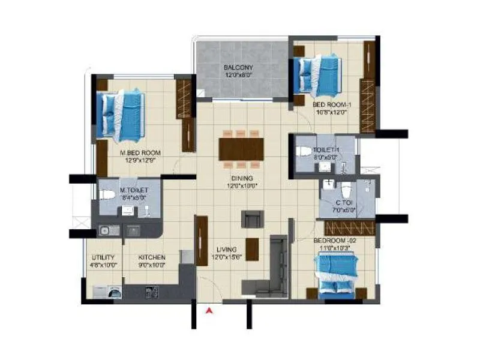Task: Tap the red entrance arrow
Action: point(209,311)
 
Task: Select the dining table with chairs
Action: point(241,148)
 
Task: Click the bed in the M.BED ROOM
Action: point(121,112)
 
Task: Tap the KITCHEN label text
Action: point(152,257)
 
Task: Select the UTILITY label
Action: point(103,257)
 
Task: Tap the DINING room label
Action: point(242,178)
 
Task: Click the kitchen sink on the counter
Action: point(106,229)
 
